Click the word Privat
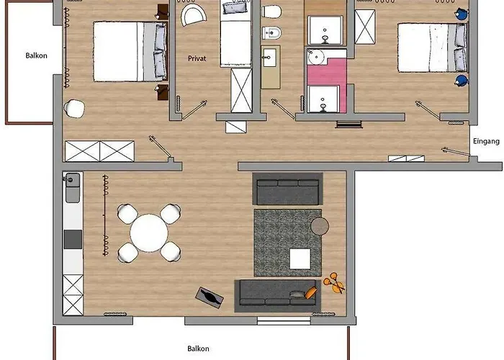197,58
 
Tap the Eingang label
486,141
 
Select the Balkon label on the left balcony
36,55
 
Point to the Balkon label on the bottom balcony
198,348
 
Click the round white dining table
149,233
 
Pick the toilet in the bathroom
272,12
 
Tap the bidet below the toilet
271,33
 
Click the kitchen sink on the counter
72,181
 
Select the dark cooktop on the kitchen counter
73,240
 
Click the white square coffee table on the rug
300,259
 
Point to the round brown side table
320,226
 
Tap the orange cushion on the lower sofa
311,293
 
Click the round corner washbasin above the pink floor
316,57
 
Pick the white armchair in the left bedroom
74,108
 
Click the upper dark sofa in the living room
288,189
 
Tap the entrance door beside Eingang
456,153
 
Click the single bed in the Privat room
235,33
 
